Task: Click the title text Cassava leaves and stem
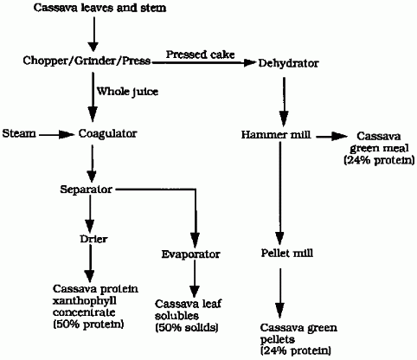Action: tap(99, 8)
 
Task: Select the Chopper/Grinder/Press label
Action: tap(87, 61)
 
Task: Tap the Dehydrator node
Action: tap(288, 63)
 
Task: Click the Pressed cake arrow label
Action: tap(200, 55)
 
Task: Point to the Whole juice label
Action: tap(127, 92)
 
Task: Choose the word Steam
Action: tap(19, 133)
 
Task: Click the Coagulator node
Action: tap(107, 134)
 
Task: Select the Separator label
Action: tap(86, 190)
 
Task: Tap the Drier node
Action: tap(93, 239)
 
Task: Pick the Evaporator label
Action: tap(190, 254)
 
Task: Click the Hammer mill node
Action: tap(276, 135)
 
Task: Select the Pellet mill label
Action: tap(287, 253)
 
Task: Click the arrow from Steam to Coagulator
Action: tap(56, 134)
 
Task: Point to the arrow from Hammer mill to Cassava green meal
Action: tap(332, 137)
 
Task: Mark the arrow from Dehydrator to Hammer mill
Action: tap(284, 101)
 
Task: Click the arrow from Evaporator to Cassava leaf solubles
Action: tap(195, 279)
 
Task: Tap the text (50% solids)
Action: tap(187, 328)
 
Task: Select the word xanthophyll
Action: tap(85, 301)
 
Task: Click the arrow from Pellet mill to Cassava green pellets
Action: tap(279, 292)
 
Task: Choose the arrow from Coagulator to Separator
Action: tap(92, 164)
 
